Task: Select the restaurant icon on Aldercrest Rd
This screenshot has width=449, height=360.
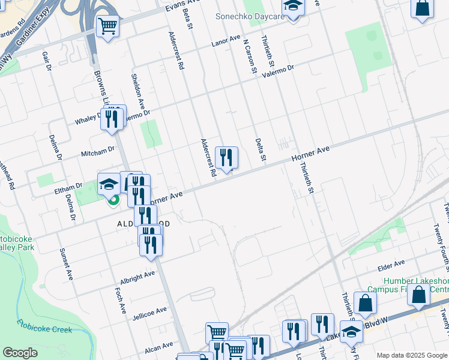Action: pyautogui.click(x=227, y=158)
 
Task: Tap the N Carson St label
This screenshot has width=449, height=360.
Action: pyautogui.click(x=250, y=57)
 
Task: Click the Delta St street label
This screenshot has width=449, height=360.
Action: pyautogui.click(x=261, y=149)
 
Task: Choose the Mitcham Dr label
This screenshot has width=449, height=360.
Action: pyautogui.click(x=98, y=151)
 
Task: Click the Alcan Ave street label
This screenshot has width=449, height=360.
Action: pyautogui.click(x=158, y=347)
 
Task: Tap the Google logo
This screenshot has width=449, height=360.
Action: pyautogui.click(x=20, y=353)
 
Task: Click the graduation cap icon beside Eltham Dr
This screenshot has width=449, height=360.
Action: pyautogui.click(x=109, y=184)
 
